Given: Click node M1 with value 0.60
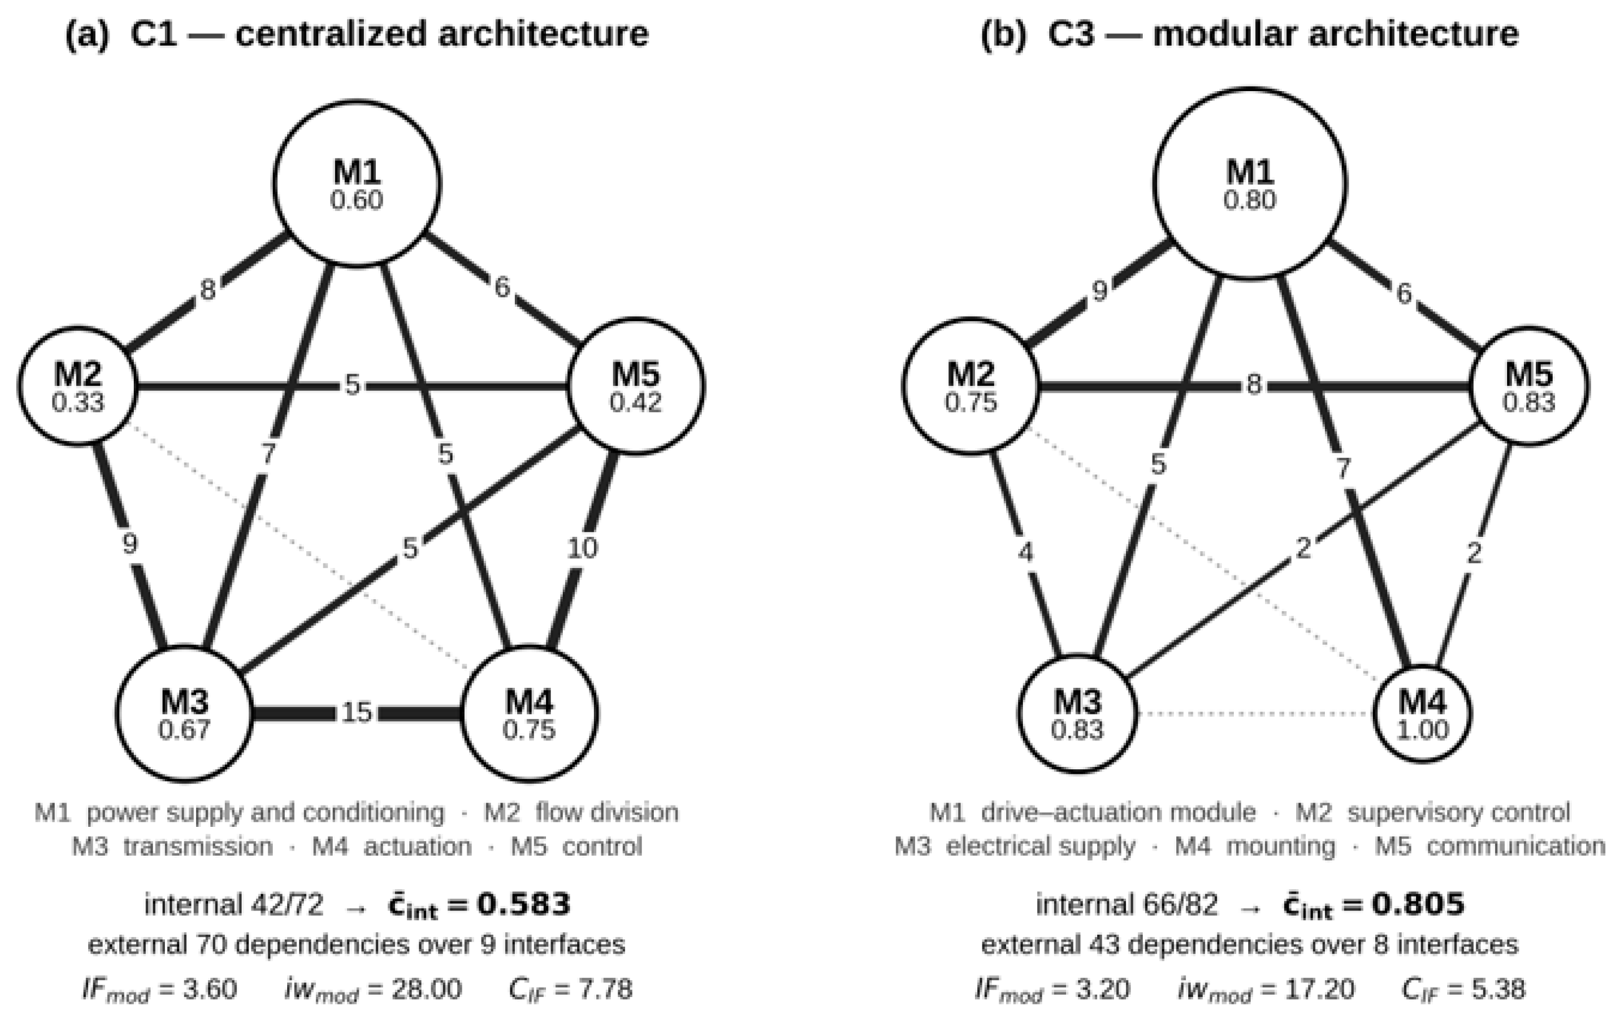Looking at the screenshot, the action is pos(357,184).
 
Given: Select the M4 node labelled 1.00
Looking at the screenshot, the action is pos(1422,713).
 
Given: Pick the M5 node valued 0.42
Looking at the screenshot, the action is pos(636,386).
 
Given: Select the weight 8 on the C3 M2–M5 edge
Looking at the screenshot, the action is pos(1253,385).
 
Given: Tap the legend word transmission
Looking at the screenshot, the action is pos(198,846).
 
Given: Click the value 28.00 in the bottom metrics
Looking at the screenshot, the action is pos(426,989).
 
